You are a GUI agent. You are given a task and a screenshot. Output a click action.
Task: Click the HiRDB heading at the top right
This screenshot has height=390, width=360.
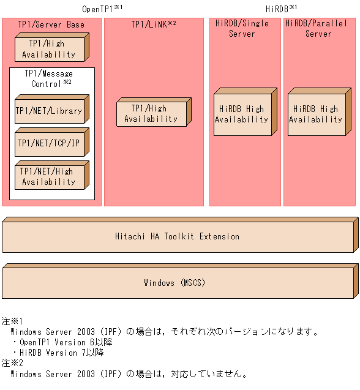click(281, 9)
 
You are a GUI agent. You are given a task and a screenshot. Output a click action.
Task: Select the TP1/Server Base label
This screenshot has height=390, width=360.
click(51, 24)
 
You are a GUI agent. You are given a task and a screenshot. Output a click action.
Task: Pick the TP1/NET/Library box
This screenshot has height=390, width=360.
click(49, 111)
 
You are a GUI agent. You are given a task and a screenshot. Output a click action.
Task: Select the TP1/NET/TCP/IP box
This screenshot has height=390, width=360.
click(49, 143)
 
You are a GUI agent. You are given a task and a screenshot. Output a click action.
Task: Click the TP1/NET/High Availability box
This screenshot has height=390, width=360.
click(49, 176)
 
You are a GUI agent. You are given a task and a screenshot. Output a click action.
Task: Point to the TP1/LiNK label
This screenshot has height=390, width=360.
click(153, 24)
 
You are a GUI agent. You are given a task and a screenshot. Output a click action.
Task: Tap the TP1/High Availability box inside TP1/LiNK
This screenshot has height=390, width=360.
click(151, 114)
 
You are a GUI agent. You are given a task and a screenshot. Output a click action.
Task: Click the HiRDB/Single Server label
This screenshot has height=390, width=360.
click(242, 29)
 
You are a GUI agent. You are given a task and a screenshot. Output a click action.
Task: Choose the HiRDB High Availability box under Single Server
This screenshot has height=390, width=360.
click(242, 114)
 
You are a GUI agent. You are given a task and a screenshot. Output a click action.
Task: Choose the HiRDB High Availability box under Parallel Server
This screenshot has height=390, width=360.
click(316, 114)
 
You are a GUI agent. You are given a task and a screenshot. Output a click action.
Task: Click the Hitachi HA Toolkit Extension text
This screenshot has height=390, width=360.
click(178, 236)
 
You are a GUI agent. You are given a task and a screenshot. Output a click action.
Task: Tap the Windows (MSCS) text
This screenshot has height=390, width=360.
click(178, 283)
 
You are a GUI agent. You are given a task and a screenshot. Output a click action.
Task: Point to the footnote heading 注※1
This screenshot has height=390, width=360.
click(12, 321)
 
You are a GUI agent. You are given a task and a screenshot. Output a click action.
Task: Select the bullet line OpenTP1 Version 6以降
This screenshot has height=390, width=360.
click(62, 342)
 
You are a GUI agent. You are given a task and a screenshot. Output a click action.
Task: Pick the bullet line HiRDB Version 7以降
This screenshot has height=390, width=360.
click(58, 353)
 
